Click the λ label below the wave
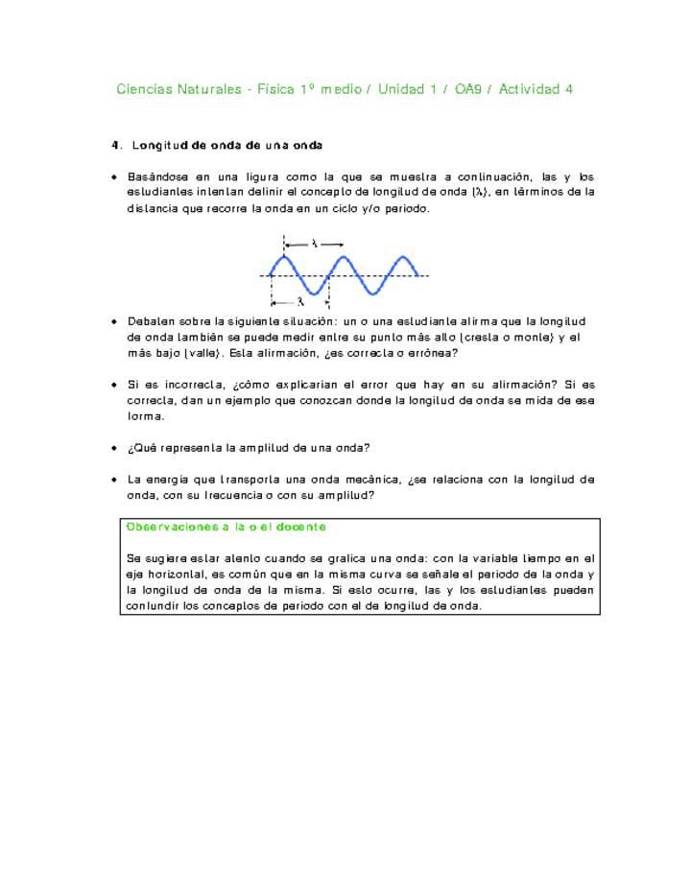coord(300,300)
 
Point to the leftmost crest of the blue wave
coord(284,257)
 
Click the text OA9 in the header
coord(468,89)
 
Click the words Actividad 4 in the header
coord(536,89)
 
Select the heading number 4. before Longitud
coord(116,146)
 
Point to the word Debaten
coord(153,320)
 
